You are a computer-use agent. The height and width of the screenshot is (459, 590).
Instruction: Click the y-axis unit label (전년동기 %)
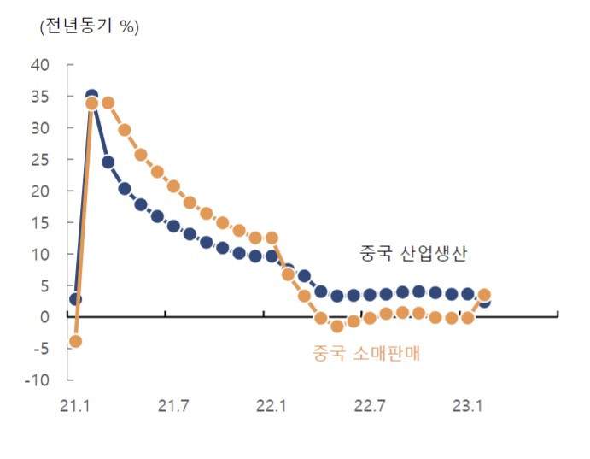[89, 26]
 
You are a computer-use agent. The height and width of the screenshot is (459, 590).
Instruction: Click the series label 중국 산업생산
[413, 253]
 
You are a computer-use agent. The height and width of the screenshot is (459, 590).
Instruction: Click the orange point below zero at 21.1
[75, 341]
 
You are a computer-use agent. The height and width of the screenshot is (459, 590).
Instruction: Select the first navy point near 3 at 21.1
[75, 299]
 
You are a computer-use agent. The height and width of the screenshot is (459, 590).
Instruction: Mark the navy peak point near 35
[91, 96]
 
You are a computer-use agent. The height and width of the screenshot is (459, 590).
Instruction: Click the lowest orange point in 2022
[336, 326]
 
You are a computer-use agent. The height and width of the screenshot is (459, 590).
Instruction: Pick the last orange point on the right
[484, 295]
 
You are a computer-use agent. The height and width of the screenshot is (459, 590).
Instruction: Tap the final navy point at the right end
[484, 302]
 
